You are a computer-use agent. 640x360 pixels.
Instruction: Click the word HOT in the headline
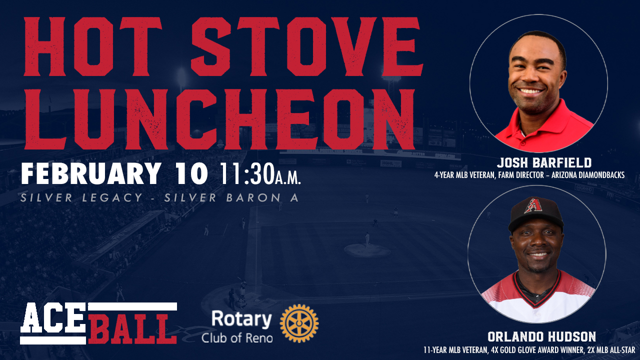click(92, 46)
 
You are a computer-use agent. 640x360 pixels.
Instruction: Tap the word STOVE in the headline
click(307, 46)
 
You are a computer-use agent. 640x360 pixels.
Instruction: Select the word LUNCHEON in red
click(219, 119)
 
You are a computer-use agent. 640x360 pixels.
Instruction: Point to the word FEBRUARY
click(91, 173)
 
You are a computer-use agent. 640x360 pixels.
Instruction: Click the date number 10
click(191, 173)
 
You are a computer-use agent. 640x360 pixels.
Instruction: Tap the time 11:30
click(247, 173)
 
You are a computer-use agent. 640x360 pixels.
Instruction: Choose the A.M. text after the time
click(288, 177)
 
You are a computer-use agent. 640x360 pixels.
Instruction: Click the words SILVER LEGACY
click(81, 197)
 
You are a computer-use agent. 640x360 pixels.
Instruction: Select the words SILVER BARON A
click(231, 197)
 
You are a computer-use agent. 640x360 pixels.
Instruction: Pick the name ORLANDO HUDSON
click(541, 336)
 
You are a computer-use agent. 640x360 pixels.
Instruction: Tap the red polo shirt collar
click(543, 125)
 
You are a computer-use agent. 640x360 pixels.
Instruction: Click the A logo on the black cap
click(533, 205)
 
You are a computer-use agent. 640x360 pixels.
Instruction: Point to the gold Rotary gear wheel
click(299, 323)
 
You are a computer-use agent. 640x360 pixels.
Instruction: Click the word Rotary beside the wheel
click(241, 319)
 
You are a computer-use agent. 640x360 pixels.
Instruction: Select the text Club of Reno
click(237, 338)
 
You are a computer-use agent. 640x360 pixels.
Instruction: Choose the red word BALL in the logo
click(132, 328)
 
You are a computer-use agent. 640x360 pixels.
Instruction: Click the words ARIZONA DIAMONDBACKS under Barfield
click(587, 175)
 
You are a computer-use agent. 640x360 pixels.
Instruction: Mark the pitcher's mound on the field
click(367, 250)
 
